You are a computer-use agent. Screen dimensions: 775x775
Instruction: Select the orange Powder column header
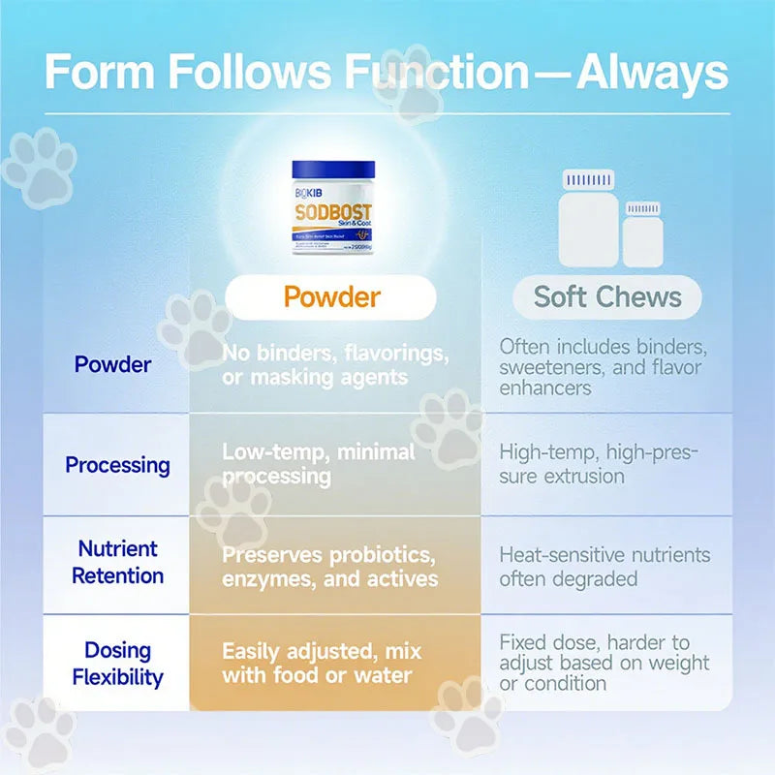pos(332,296)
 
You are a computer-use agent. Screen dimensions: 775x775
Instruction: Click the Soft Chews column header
pos(607,296)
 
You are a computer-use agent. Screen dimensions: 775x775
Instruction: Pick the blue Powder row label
pos(113,365)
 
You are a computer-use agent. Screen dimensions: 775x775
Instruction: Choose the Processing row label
pos(117,465)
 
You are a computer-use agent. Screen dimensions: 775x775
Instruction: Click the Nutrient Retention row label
pos(117,564)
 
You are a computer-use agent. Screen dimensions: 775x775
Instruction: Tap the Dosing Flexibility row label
pos(117,664)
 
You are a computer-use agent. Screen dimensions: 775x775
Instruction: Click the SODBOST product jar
pos(332,207)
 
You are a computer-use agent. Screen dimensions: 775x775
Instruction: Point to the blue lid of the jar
pos(332,170)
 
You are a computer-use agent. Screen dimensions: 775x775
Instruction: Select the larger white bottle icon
pos(587,219)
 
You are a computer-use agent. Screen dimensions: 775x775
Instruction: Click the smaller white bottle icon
pos(642,233)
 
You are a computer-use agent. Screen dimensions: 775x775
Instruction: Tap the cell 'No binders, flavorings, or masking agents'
pos(334,365)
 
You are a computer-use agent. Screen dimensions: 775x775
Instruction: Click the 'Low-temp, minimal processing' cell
pos(319,464)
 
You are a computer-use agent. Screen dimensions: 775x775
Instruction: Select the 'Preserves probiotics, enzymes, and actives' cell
pos(329,568)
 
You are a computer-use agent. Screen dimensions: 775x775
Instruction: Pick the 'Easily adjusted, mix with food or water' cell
pos(322,663)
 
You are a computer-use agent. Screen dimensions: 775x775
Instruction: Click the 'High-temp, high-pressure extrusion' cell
pos(599,464)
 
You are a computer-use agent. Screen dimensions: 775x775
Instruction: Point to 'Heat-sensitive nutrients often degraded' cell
pos(604,567)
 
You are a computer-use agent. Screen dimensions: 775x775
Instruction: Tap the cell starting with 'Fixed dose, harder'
pos(604,663)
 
